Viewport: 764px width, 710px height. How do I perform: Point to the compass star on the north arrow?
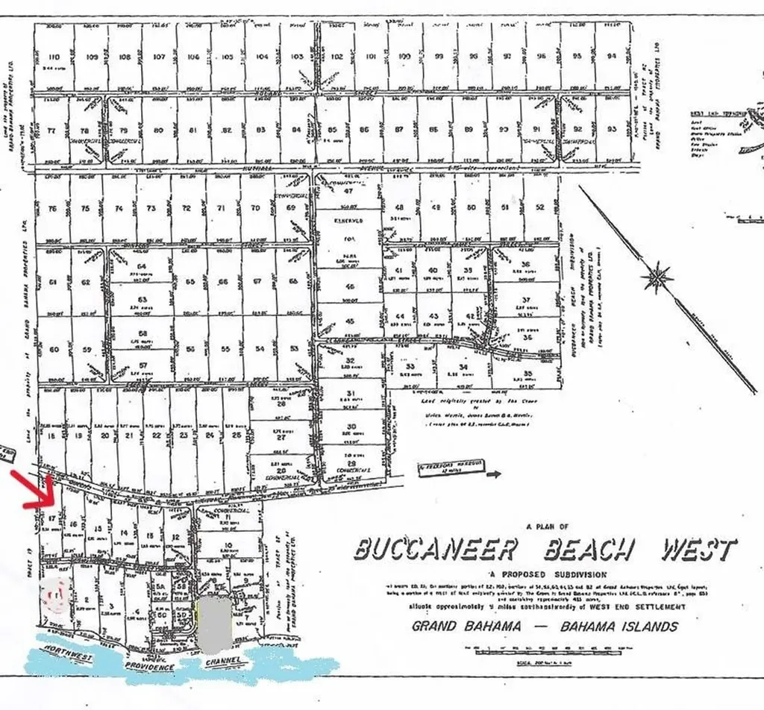(658, 278)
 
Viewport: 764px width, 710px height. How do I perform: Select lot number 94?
(612, 57)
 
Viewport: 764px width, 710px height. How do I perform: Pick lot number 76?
(52, 209)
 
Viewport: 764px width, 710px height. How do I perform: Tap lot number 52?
(540, 207)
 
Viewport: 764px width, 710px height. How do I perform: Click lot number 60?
(53, 349)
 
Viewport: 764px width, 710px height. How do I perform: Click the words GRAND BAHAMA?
(466, 626)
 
